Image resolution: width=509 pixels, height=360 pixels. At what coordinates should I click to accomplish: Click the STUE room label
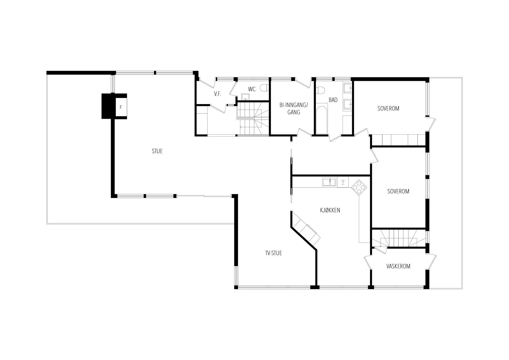[157, 151]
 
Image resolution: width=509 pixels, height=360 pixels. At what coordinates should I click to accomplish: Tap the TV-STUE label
[274, 253]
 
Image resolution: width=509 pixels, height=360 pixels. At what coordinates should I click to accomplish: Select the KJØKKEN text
[330, 210]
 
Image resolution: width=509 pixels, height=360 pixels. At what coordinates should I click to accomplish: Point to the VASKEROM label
[398, 266]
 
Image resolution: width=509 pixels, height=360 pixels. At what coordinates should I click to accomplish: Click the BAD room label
[333, 100]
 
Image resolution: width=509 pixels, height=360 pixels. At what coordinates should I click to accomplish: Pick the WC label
[252, 89]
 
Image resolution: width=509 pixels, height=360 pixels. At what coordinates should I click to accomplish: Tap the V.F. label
[218, 94]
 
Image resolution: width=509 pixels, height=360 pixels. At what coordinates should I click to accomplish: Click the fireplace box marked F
[121, 107]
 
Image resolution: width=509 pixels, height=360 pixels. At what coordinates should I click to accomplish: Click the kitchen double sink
[329, 182]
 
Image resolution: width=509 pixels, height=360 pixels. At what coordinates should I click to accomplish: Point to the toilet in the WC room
[263, 88]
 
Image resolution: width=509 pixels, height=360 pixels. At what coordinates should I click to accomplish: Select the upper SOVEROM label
[388, 108]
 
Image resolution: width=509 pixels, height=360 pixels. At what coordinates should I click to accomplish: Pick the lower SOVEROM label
[398, 191]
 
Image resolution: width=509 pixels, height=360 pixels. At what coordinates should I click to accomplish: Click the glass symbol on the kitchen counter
[343, 182]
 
